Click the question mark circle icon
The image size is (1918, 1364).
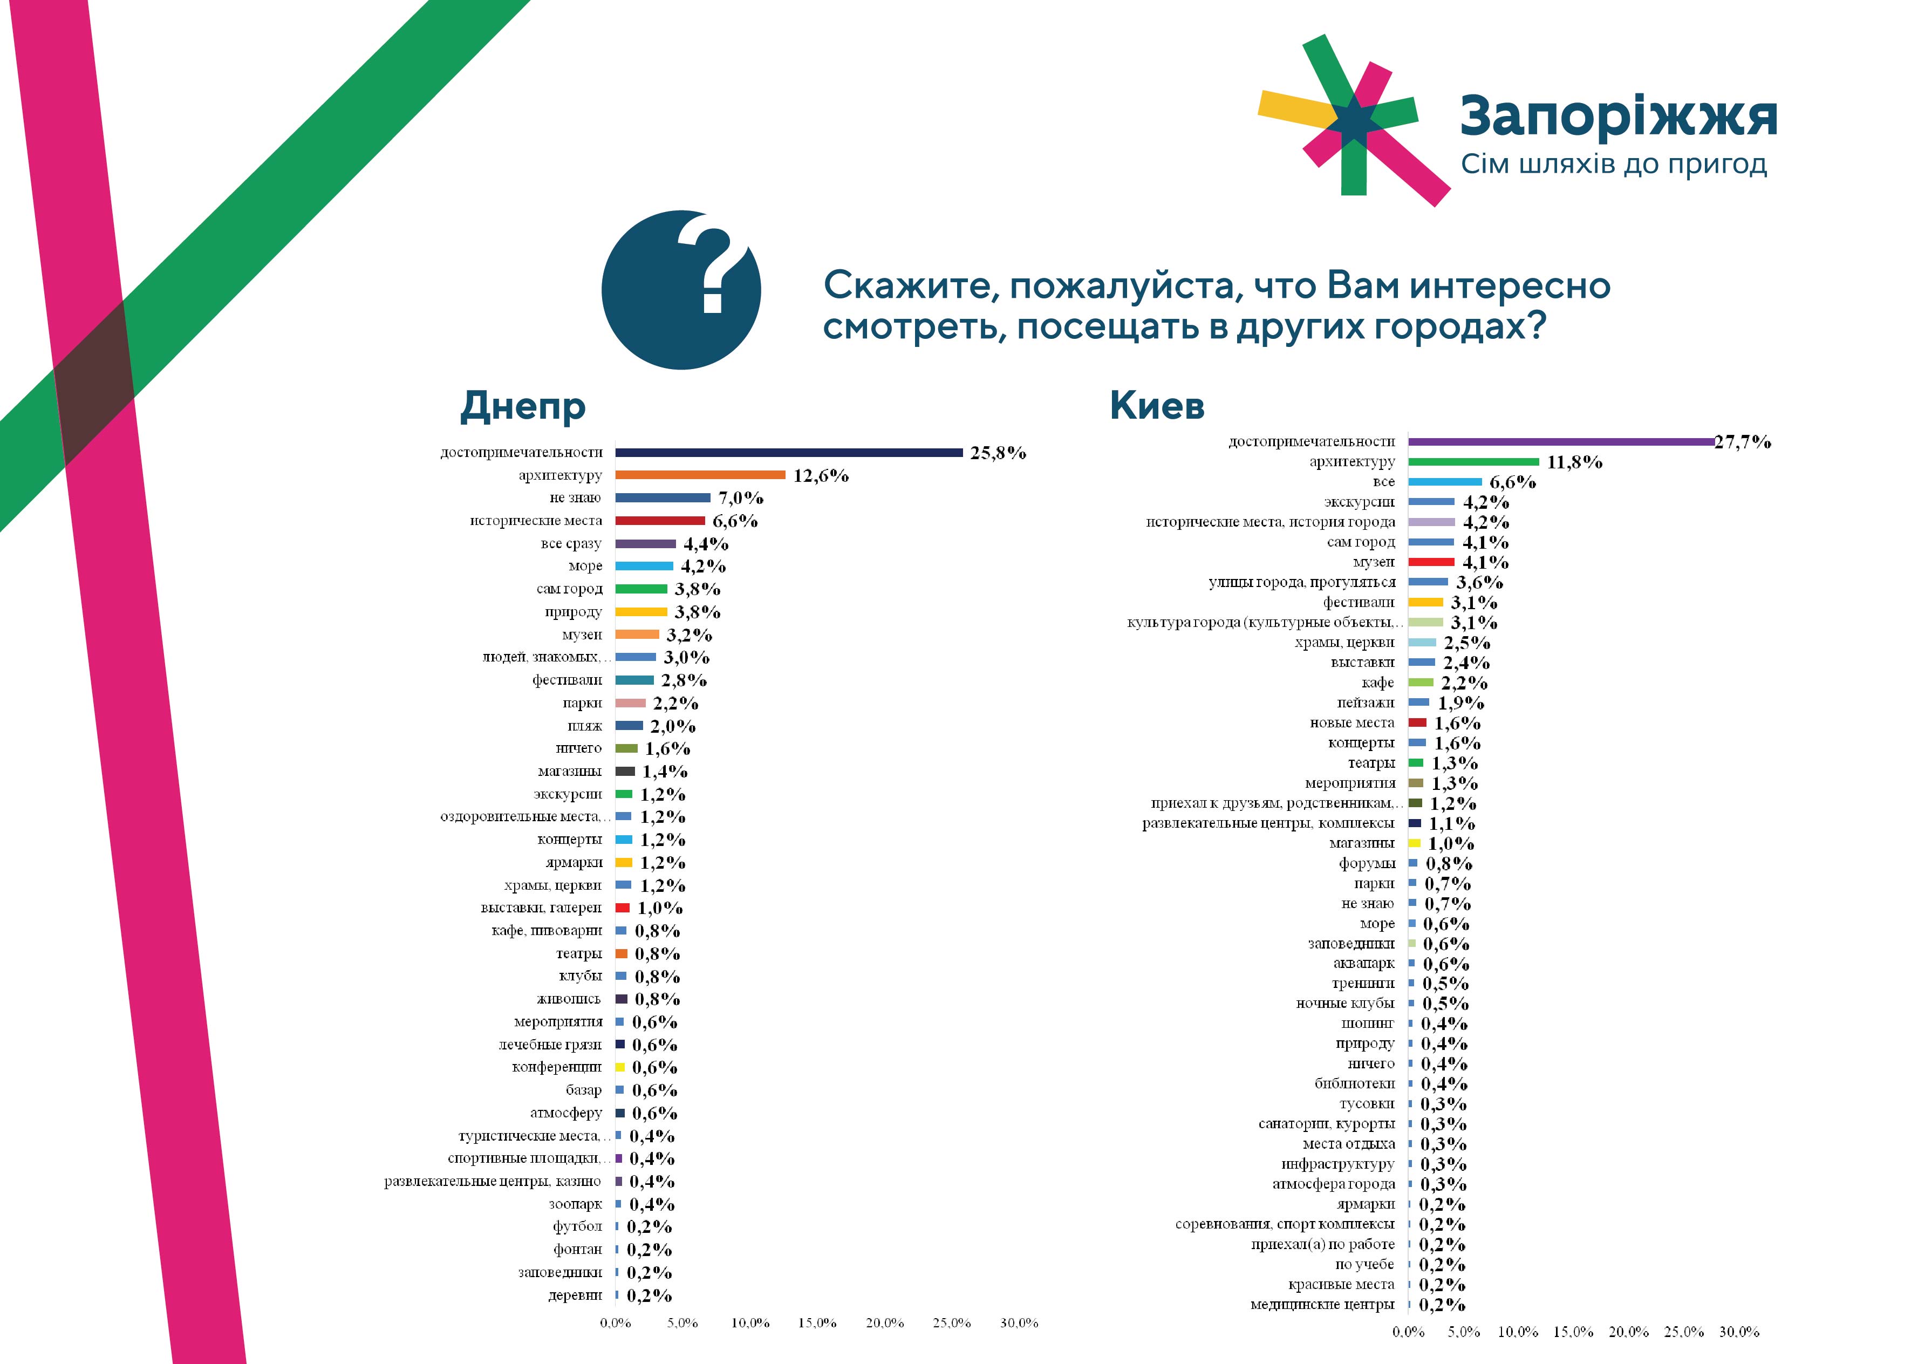pyautogui.click(x=680, y=290)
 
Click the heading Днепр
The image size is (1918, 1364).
pyautogui.click(x=522, y=406)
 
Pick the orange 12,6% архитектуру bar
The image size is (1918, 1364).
pyautogui.click(x=700, y=475)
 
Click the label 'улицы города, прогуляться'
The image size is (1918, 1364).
pyautogui.click(x=1302, y=582)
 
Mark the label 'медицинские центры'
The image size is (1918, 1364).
pyautogui.click(x=1322, y=1304)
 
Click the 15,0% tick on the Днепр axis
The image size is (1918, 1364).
pyautogui.click(x=817, y=1323)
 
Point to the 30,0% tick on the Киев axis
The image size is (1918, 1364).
pyautogui.click(x=1738, y=1332)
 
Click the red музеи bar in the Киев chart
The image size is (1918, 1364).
pyautogui.click(x=1431, y=562)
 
